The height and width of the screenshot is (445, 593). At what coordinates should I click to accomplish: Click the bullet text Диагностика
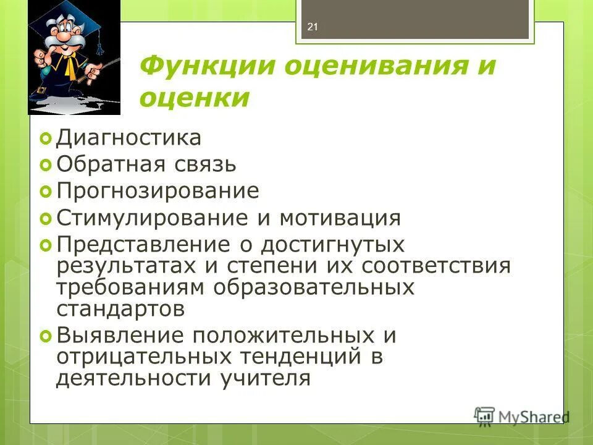pos(128,137)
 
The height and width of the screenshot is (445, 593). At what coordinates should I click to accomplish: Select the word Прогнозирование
pos(158,191)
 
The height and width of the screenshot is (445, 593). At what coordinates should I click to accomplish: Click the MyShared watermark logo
pos(522,415)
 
